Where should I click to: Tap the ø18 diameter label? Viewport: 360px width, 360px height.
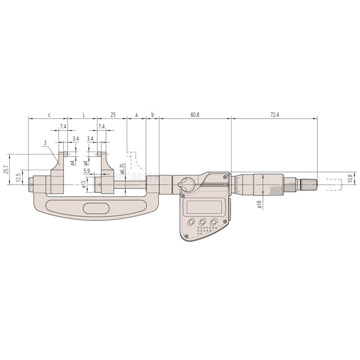tap(259, 204)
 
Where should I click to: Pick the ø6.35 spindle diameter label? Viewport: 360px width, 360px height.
tap(122, 169)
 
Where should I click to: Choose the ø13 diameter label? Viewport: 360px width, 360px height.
tap(84, 184)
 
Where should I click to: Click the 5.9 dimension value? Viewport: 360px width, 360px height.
tap(86, 171)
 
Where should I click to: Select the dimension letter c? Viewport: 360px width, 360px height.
tap(49, 115)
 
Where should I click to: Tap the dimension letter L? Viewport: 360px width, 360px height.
tap(84, 115)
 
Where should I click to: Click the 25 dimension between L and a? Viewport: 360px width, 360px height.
tap(113, 115)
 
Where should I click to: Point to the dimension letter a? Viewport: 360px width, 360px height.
tap(136, 115)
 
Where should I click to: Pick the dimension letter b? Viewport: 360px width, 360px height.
tap(153, 115)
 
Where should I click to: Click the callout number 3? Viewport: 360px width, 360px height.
tap(45, 143)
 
